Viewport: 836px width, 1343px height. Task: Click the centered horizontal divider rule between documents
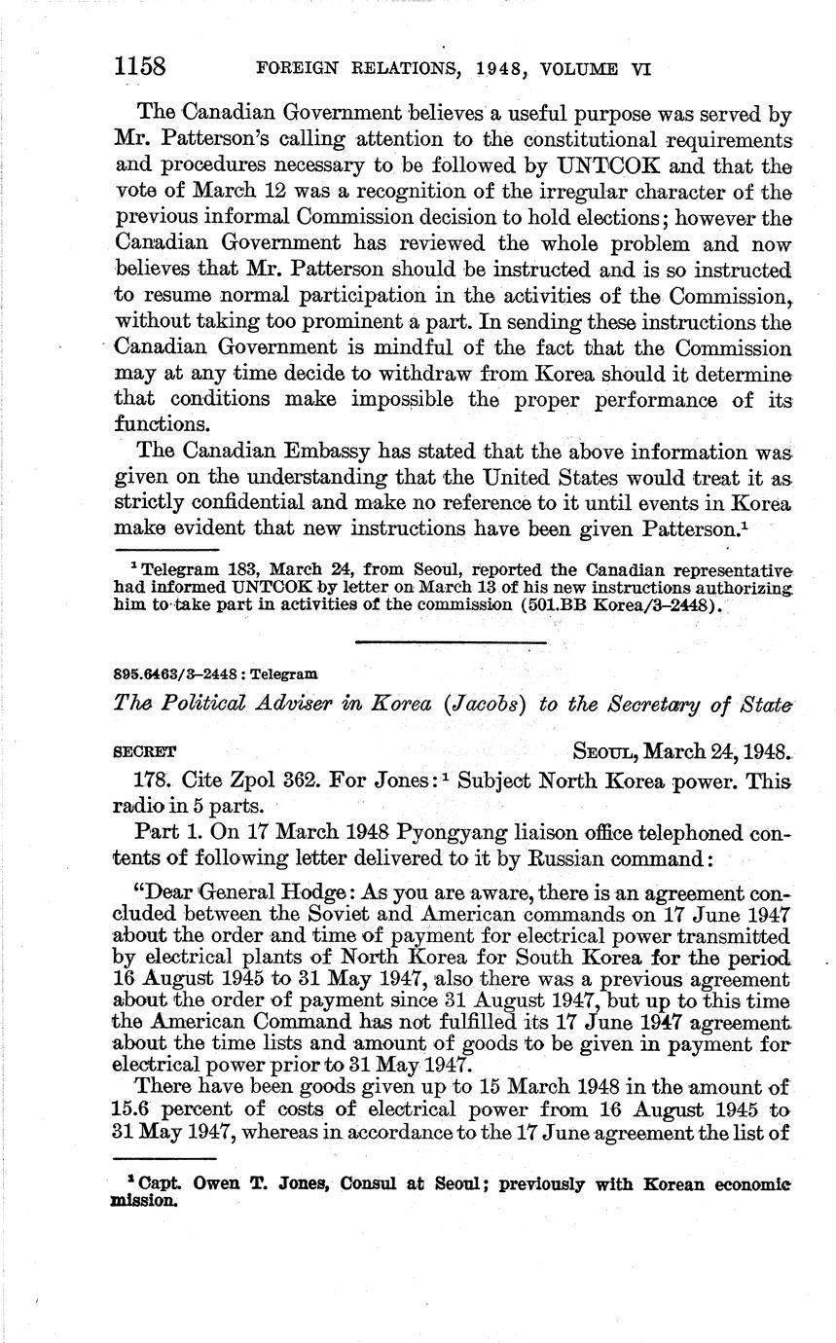[x=451, y=641]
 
